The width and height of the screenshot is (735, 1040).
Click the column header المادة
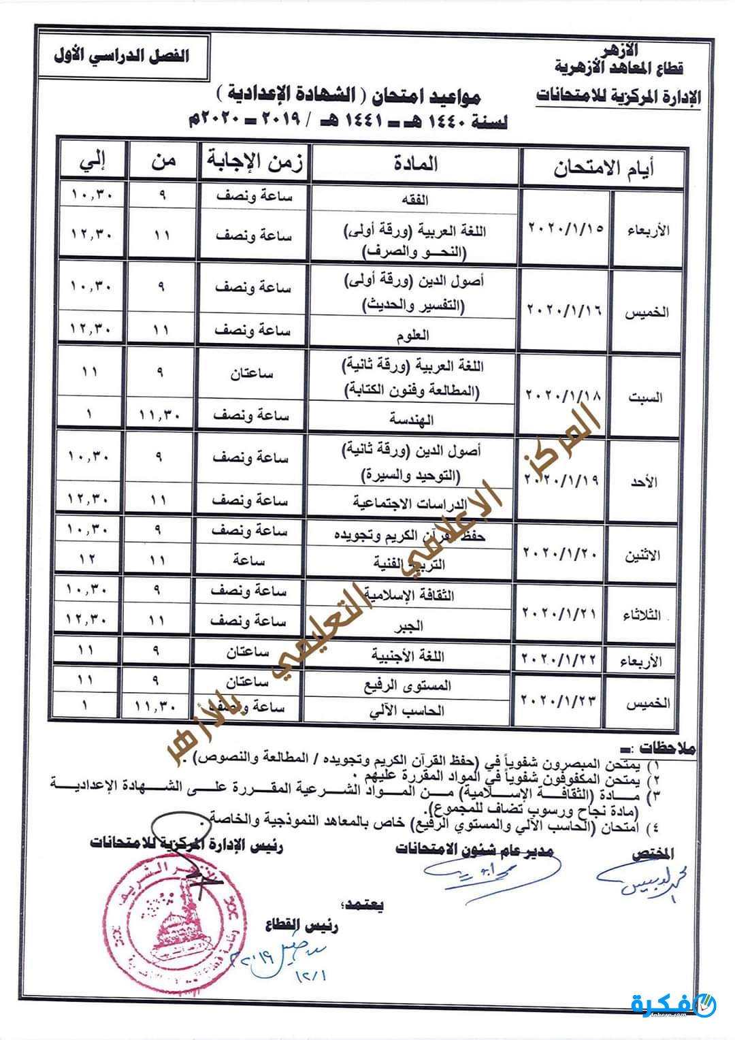pos(415,164)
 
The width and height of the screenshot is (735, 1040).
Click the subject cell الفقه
pos(416,200)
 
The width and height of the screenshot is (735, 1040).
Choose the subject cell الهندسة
pos(412,419)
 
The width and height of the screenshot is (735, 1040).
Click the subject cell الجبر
pos(411,625)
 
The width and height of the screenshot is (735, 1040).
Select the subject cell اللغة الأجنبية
pos(408,656)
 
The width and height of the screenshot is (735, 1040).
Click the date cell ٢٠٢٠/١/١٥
pos(566,228)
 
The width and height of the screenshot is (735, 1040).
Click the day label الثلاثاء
pos(642,615)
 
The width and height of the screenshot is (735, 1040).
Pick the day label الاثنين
pos(642,555)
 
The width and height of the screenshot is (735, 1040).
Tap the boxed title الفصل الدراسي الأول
pos(122,56)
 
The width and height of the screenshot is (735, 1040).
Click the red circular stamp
pos(166,912)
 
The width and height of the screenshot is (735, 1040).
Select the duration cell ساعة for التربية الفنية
pos(248,560)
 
